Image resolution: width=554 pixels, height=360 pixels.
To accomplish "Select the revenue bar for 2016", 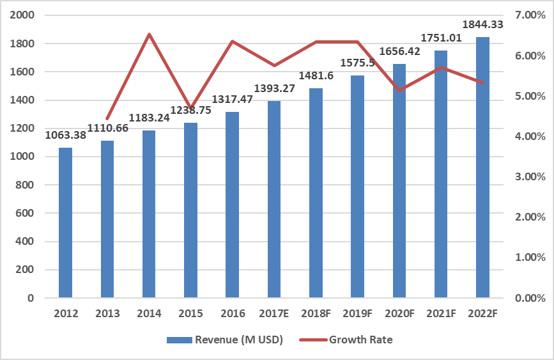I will [x=233, y=205].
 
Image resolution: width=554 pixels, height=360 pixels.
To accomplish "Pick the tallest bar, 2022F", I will [x=483, y=168].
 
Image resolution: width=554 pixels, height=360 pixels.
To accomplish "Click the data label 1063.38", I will [x=67, y=134].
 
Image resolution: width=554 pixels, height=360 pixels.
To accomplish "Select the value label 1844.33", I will [x=482, y=24].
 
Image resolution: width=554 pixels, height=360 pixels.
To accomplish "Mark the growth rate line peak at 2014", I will [x=149, y=35].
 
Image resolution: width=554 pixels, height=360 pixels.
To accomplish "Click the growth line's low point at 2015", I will [x=190, y=108].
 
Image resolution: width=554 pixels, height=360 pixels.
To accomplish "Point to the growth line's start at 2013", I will [x=107, y=118].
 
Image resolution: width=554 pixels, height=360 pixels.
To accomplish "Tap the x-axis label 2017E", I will [x=274, y=313].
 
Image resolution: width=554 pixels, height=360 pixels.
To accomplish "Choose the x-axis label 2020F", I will [x=399, y=313].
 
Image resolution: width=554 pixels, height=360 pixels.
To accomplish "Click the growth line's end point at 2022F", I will [x=483, y=82].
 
